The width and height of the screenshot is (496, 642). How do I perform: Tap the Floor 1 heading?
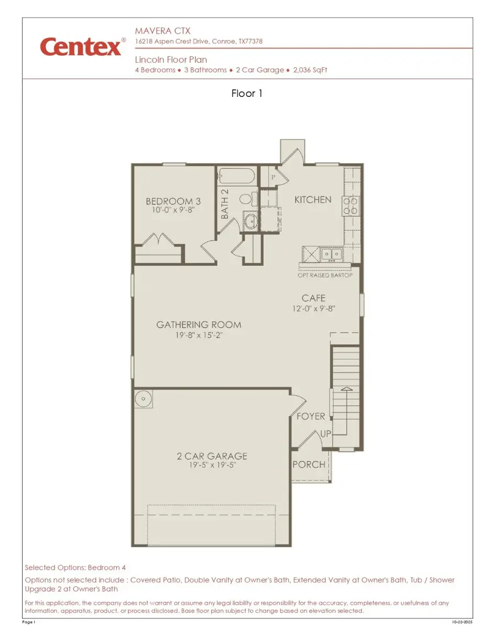[247, 94]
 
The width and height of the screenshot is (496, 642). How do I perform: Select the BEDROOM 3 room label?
[169, 202]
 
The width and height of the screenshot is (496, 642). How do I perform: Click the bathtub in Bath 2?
[236, 177]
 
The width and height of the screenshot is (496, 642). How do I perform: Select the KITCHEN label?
[312, 199]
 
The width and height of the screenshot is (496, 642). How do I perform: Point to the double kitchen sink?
[331, 254]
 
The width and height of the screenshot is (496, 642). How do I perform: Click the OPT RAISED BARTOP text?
[325, 275]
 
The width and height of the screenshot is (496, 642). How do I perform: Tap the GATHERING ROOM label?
[198, 325]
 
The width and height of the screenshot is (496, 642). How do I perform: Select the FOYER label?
[311, 416]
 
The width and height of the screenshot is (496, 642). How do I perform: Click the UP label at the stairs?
[325, 434]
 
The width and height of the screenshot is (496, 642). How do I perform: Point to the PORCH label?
[309, 464]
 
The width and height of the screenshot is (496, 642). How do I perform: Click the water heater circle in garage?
[144, 398]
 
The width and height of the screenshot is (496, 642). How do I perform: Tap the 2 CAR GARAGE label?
[212, 456]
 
